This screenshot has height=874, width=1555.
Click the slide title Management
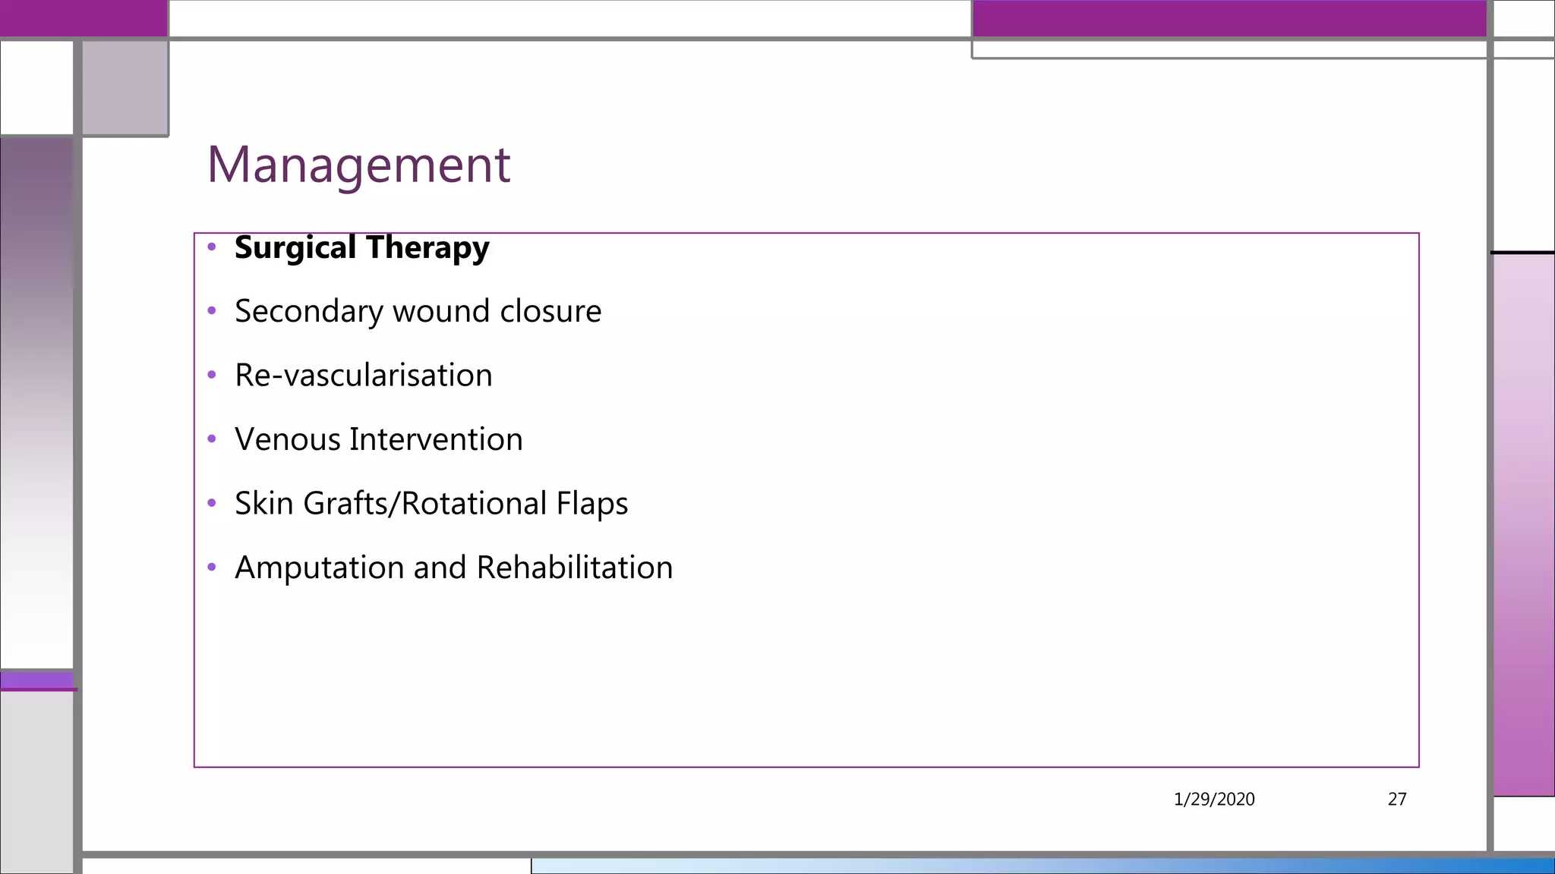[358, 165]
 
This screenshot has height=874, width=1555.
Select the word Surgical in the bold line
[295, 248]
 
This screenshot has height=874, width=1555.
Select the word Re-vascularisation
[364, 376]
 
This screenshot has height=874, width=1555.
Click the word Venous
[288, 440]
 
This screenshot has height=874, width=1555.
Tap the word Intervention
[436, 440]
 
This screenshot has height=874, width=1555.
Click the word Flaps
[592, 504]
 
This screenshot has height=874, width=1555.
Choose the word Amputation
[320, 568]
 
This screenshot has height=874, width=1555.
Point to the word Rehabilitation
[575, 568]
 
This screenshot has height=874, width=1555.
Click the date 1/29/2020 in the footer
[1214, 799]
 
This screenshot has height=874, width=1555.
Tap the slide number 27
[1397, 799]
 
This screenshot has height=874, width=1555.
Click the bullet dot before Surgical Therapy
[212, 247]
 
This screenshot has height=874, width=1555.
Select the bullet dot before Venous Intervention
[212, 439]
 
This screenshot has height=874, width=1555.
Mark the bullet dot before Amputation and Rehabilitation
[212, 567]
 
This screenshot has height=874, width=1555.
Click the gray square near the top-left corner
[125, 87]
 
